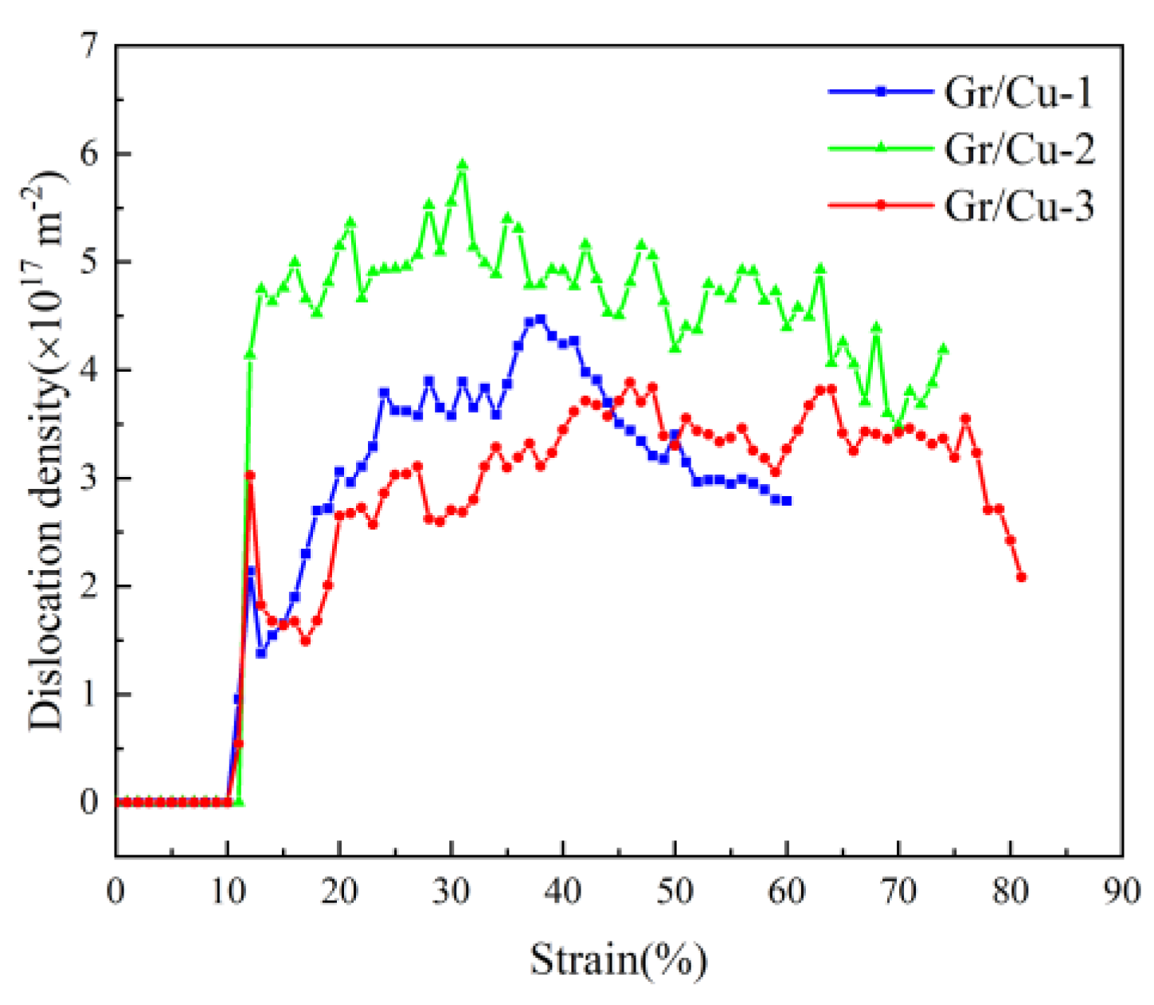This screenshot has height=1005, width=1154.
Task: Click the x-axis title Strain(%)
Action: click(618, 959)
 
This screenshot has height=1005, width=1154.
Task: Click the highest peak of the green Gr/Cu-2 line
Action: click(462, 165)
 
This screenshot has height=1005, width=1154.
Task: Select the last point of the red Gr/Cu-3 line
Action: click(1022, 577)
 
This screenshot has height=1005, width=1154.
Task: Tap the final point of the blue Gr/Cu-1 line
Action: click(787, 501)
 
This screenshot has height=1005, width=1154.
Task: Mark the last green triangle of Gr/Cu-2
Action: click(944, 349)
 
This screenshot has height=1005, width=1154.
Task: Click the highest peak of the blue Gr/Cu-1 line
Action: click(541, 319)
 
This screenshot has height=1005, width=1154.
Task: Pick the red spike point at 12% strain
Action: click(250, 475)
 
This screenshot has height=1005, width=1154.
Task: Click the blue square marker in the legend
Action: click(881, 92)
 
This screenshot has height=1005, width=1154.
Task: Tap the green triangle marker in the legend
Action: click(881, 148)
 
